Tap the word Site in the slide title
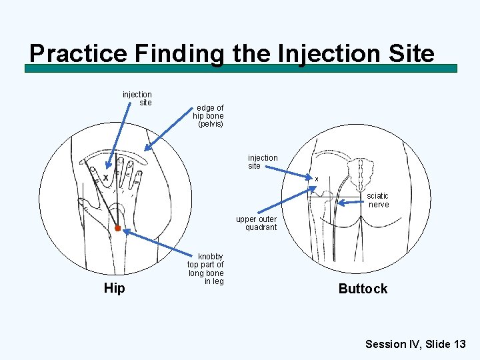pyautogui.click(x=408, y=53)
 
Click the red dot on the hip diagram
pyautogui.click(x=117, y=229)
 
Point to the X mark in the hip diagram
pyautogui.click(x=105, y=178)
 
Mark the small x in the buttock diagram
pyautogui.click(x=317, y=179)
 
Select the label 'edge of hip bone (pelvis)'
pyautogui.click(x=208, y=116)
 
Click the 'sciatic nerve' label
pyautogui.click(x=378, y=200)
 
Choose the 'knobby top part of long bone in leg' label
pyautogui.click(x=205, y=269)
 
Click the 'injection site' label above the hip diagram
pyautogui.click(x=137, y=99)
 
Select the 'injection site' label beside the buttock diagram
pyautogui.click(x=263, y=162)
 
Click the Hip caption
pyautogui.click(x=114, y=289)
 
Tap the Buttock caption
pyautogui.click(x=363, y=289)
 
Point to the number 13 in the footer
pyautogui.click(x=459, y=344)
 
